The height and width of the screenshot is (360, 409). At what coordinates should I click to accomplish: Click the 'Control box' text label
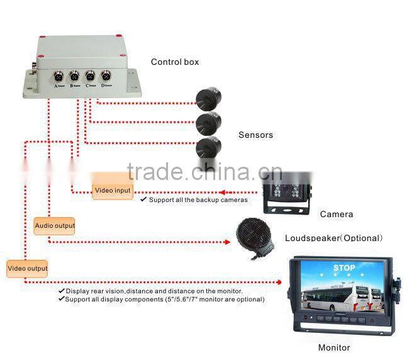pos(174,62)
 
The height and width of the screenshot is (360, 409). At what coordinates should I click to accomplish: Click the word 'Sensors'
pos(255,135)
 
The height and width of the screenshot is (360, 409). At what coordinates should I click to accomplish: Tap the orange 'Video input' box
pos(113,190)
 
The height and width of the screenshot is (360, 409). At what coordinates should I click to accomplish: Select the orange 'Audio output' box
pos(54,225)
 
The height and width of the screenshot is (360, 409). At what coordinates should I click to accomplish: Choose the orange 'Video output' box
pos(28,269)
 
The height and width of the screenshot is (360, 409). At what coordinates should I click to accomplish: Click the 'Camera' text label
pos(336,214)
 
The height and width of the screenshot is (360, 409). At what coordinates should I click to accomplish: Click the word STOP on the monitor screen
pos(344,268)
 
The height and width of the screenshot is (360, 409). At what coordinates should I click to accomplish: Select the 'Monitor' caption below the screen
pos(334,347)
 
